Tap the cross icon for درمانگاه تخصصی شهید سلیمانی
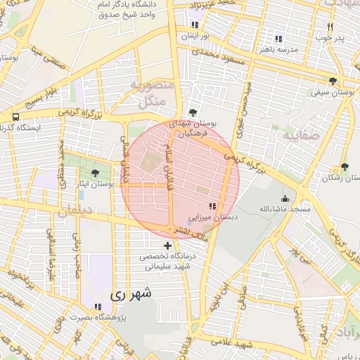click(167, 245)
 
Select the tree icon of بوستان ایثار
click(95, 172)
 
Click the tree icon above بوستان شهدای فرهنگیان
click(193, 112)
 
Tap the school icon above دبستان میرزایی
click(212, 206)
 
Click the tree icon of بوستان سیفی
click(332, 82)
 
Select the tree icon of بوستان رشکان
click(344, 167)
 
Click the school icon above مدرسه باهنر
click(278, 39)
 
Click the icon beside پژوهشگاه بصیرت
click(98, 307)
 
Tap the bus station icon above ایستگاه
click(15, 117)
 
